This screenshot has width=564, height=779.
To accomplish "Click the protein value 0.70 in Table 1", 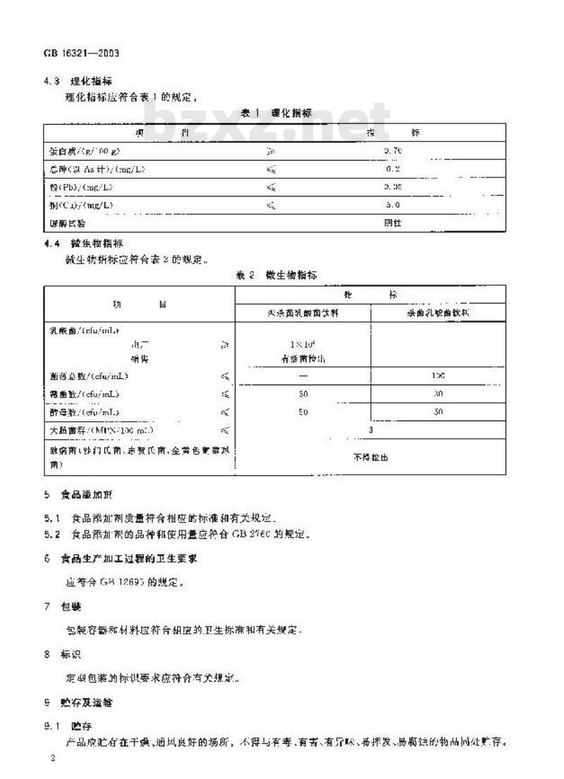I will [393, 150].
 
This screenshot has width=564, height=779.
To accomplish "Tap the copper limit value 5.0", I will [393, 205].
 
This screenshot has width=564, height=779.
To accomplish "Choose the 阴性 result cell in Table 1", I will [393, 223].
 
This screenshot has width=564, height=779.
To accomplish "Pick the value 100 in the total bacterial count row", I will [438, 376].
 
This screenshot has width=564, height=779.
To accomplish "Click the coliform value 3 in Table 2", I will [371, 429].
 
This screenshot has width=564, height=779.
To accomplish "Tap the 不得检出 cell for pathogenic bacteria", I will [371, 457].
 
